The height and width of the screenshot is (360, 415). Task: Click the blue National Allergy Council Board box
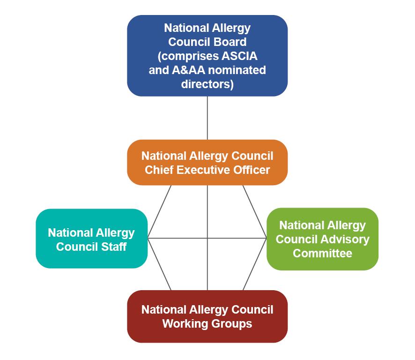[207, 56]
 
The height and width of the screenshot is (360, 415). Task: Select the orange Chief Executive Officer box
[207, 162]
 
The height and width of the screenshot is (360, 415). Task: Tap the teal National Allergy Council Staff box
[91, 239]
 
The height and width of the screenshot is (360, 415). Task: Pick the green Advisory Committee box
[322, 239]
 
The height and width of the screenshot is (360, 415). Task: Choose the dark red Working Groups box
[207, 316]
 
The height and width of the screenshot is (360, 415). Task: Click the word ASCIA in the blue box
[238, 56]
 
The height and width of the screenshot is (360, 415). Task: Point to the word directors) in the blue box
[207, 84]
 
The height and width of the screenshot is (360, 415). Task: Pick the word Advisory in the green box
[346, 239]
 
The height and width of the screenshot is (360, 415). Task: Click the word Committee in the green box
[322, 254]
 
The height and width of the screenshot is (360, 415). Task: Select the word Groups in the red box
[230, 323]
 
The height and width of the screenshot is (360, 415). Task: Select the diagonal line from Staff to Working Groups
[159, 264]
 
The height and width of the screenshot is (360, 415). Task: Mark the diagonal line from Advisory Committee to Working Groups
[255, 264]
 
